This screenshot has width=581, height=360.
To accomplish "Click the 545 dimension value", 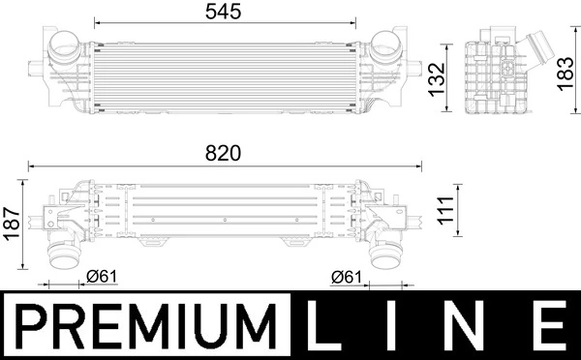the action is coord(223,12).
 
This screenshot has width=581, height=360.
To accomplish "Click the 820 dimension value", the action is coord(223,153).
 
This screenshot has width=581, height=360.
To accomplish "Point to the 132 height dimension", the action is coord(437,80).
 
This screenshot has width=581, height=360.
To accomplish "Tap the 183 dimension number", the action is coord(566,74).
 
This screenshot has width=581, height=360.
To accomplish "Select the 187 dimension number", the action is coord(12,224).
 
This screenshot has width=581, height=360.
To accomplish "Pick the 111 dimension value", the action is coord(445,210).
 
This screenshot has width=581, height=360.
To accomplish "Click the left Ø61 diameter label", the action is coord(102,277).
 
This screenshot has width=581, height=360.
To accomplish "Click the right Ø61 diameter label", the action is coord(346,277).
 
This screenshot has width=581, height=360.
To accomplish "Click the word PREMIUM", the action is coord(147,326).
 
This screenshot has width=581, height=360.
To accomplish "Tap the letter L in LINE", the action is coord(323,325).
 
